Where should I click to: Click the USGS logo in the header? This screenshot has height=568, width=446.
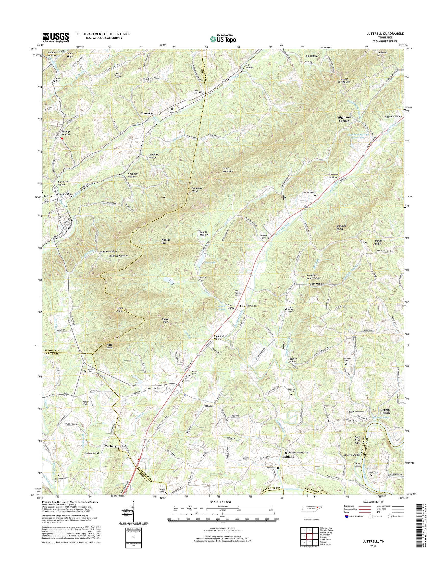[56, 37]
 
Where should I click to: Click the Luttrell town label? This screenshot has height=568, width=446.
[50, 196]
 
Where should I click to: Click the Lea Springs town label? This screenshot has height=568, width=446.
[248, 306]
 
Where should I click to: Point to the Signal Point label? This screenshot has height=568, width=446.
[119, 309]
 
